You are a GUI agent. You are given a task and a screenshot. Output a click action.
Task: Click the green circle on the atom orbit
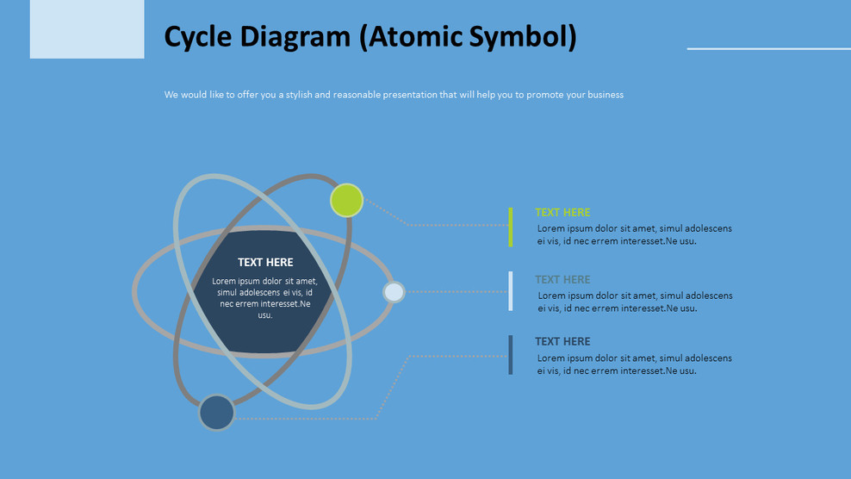tap(346, 201)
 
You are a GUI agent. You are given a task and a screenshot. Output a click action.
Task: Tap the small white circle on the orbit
tap(394, 292)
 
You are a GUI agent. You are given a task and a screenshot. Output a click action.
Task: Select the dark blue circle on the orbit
tap(217, 413)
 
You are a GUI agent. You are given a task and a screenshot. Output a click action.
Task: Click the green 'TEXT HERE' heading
tap(562, 213)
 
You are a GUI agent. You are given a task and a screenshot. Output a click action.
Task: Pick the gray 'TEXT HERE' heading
tap(562, 280)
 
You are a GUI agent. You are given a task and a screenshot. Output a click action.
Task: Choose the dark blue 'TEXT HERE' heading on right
tap(562, 342)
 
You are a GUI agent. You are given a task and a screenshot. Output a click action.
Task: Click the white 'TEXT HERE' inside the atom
tap(265, 263)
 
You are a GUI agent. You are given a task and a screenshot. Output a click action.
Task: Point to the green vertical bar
tap(511, 227)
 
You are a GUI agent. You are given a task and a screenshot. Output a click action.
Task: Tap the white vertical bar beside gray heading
tap(511, 291)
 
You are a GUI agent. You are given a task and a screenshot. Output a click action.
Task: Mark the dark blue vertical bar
tap(511, 355)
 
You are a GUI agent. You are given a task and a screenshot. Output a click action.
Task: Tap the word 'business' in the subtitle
tap(606, 95)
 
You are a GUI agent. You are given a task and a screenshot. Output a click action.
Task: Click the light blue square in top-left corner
tap(87, 28)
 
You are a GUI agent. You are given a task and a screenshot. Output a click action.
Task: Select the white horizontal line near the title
tap(768, 49)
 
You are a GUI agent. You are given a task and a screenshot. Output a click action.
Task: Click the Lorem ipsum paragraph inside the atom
tap(264, 298)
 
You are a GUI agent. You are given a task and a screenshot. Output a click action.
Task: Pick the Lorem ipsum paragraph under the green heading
tap(634, 235)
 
